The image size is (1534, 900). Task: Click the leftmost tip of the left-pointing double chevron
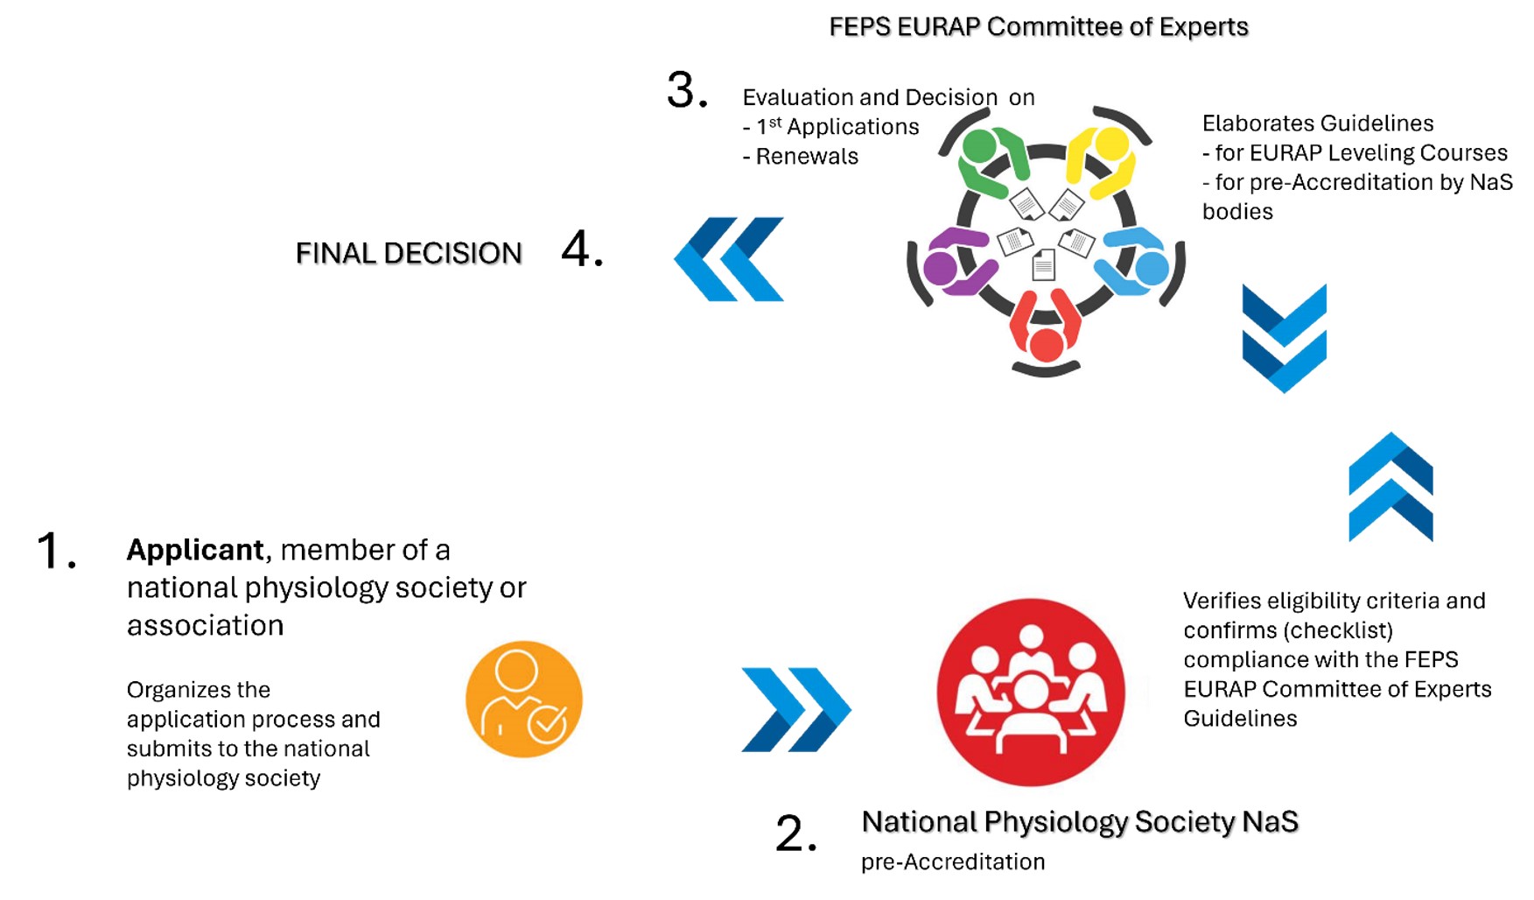pos(675,259)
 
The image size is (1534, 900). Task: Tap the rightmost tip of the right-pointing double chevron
pos(851,709)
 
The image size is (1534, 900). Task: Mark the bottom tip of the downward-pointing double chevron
pos(1284,392)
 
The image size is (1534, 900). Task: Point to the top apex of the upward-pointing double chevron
pos(1390,433)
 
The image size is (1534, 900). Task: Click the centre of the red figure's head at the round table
pos(1046,345)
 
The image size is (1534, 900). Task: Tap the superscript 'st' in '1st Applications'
pos(775,122)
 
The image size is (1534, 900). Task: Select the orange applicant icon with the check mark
pos(523,699)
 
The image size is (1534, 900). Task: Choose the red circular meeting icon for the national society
pos(1031,692)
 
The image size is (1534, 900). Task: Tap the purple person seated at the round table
pos(956,262)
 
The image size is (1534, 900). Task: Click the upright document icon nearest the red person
pos(1043,264)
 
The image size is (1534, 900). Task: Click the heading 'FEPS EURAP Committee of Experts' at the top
pos(1039,27)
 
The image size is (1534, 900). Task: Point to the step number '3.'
pos(687,90)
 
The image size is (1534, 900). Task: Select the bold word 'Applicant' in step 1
pos(195,550)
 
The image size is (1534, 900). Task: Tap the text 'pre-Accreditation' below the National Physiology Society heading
pos(953,861)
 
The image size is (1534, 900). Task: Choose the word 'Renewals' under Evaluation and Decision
pos(807,157)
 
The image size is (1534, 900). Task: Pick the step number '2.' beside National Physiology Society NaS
pos(796,833)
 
